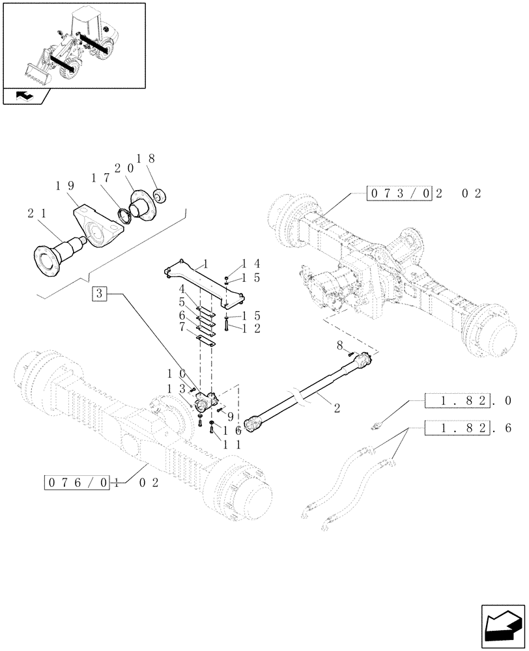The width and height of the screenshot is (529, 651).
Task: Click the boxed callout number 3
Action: point(99,294)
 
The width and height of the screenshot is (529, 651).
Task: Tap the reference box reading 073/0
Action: point(399,193)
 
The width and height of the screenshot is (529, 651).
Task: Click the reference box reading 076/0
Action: point(78,482)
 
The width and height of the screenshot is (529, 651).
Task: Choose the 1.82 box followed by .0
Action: point(457,401)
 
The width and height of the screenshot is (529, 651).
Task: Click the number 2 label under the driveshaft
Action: point(337,408)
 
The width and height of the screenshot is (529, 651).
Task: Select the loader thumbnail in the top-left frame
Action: point(73,44)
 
